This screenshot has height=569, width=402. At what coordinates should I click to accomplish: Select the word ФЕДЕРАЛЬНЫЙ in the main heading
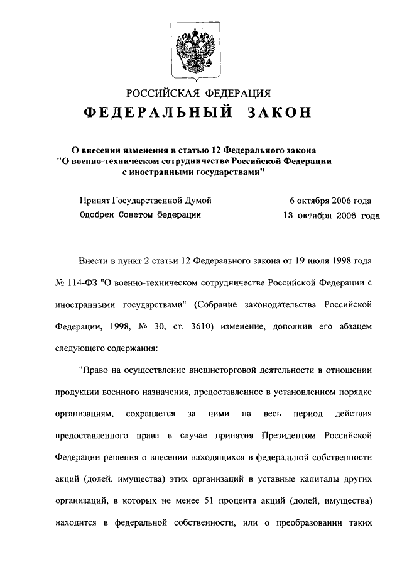click(156, 113)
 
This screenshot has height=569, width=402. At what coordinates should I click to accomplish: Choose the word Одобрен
click(99, 215)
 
